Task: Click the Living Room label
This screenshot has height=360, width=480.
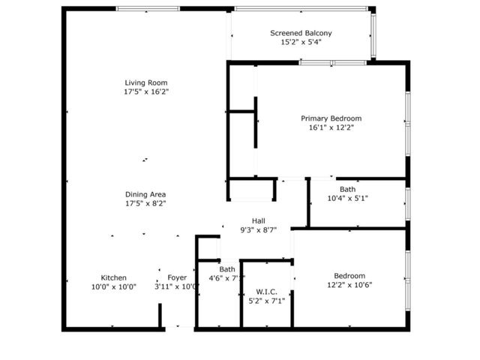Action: (146, 82)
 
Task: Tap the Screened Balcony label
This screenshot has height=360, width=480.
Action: (301, 33)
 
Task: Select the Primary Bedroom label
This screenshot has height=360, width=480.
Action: (331, 118)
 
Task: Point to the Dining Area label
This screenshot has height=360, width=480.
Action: (146, 194)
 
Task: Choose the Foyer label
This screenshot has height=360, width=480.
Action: (177, 277)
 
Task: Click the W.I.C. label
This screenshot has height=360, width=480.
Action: (268, 292)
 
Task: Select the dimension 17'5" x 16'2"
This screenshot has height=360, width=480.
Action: (146, 92)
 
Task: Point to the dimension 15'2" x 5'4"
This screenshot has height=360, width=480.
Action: (301, 43)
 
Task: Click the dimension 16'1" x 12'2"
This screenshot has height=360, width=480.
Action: (331, 128)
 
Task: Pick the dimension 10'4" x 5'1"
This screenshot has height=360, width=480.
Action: (347, 199)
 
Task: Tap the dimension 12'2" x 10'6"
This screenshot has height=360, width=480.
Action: (350, 285)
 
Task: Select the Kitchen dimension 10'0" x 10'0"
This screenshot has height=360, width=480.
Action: (114, 286)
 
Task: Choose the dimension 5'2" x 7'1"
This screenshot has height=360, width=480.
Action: (268, 301)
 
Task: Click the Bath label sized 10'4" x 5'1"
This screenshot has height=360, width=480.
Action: (347, 189)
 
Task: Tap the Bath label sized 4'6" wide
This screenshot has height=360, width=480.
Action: (227, 269)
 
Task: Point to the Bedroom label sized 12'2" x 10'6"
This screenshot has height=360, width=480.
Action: (350, 275)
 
